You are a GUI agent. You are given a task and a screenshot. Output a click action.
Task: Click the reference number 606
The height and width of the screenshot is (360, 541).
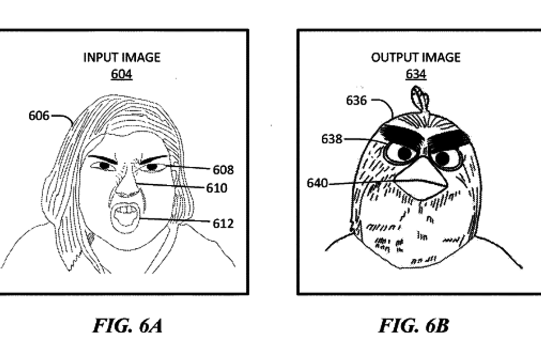pyautogui.click(x=39, y=116)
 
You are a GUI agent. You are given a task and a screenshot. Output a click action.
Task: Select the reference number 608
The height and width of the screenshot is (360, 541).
pyautogui.click(x=223, y=170)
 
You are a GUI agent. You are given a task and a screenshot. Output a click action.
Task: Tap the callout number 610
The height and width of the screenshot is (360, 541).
pyautogui.click(x=217, y=187)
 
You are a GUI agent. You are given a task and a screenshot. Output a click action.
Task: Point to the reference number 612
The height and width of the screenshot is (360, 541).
pyautogui.click(x=223, y=223)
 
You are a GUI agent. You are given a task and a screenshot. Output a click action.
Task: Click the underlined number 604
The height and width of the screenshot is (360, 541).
pyautogui.click(x=122, y=74)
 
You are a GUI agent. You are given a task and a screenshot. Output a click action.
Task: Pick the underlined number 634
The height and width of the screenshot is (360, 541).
pyautogui.click(x=416, y=74)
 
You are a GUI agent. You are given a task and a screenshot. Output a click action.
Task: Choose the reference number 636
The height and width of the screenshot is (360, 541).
pyautogui.click(x=356, y=100)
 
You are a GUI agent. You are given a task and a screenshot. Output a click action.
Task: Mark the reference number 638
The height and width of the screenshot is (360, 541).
pyautogui.click(x=332, y=139)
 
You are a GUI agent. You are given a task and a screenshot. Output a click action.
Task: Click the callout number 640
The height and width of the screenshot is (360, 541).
pyautogui.click(x=317, y=183)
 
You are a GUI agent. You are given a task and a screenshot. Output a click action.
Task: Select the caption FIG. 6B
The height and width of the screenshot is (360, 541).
pyautogui.click(x=413, y=325)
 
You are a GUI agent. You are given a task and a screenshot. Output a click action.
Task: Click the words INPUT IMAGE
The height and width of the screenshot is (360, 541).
pyautogui.click(x=122, y=58)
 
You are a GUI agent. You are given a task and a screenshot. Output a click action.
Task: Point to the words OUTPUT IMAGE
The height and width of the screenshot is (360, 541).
pyautogui.click(x=416, y=58)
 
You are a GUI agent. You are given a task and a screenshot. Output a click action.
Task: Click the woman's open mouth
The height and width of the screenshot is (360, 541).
pyautogui.click(x=123, y=216)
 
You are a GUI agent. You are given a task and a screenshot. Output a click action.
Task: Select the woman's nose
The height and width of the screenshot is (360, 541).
pyautogui.click(x=128, y=187)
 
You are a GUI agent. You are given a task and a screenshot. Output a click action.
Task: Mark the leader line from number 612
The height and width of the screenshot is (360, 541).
pyautogui.click(x=176, y=220)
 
